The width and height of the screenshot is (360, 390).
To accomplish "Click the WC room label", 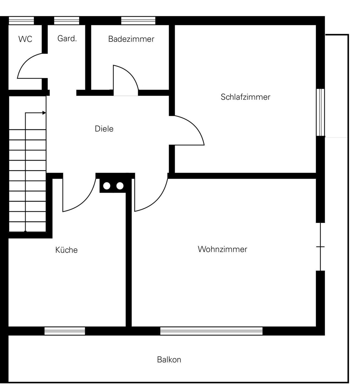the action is click(x=25, y=39).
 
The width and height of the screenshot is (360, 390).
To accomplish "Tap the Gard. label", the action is click(x=67, y=38).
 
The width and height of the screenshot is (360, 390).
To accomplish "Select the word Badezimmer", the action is click(x=131, y=39).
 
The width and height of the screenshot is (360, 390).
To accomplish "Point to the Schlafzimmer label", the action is click(x=245, y=97).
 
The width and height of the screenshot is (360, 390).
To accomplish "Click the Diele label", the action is click(x=104, y=129).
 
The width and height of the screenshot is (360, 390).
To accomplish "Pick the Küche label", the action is click(x=66, y=250).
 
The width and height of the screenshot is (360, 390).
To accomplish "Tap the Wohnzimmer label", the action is click(x=222, y=249).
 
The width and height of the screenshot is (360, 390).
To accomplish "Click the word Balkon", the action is click(x=169, y=360).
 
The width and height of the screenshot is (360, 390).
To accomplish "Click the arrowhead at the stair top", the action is click(x=44, y=113).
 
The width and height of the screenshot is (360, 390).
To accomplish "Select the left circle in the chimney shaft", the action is click(x=107, y=186).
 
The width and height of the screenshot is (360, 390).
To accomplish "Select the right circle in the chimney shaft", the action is click(x=120, y=186).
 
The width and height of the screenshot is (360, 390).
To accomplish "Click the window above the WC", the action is click(x=21, y=21).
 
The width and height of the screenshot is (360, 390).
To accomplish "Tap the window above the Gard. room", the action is click(x=67, y=21).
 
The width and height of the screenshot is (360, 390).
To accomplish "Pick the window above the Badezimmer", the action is click(x=138, y=21).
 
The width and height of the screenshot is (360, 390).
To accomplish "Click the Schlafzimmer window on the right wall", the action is click(x=320, y=112).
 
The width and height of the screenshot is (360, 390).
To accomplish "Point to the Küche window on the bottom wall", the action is click(x=65, y=331).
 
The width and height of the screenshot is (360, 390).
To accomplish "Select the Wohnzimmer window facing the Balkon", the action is click(x=211, y=331).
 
